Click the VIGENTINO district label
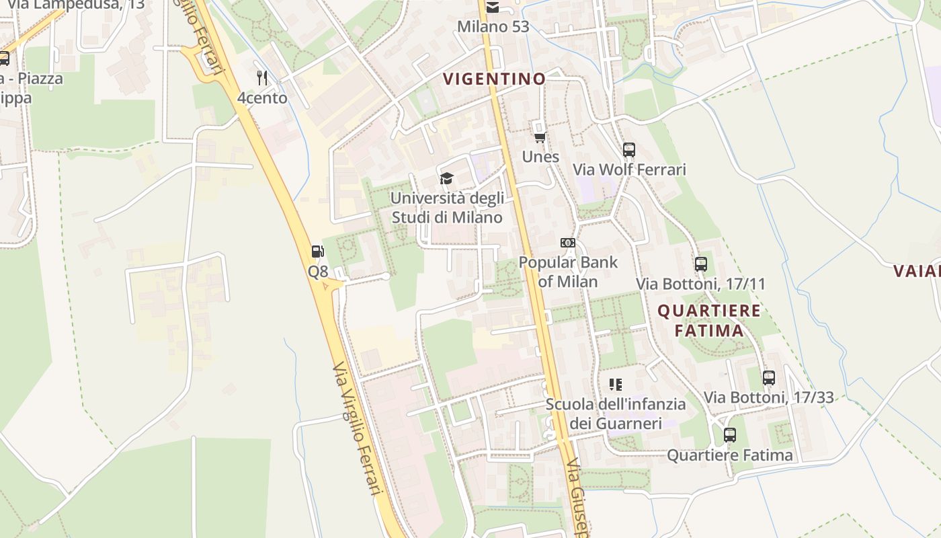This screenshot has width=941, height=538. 494,79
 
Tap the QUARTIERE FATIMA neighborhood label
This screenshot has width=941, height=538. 709,320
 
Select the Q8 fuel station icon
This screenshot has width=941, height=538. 318,252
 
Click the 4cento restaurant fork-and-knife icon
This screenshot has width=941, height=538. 262,78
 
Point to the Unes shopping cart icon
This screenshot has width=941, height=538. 539,137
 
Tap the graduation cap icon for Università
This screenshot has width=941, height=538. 446,178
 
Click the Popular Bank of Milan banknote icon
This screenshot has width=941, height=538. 568,243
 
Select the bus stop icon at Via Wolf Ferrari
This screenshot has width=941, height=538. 629,150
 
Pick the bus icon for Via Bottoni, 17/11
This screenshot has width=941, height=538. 701,264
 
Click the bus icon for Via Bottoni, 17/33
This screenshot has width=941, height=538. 769,378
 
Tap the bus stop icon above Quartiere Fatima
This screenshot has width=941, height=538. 730,435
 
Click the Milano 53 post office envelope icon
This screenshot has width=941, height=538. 493,7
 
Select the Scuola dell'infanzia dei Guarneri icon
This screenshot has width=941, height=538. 616,385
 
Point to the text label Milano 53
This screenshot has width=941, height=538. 493,27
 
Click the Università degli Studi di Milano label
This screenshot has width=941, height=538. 447,208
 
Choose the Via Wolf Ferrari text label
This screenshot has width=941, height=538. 629,169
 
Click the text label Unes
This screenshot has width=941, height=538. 540,157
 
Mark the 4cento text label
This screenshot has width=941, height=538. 262,98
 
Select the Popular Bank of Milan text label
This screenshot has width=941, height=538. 568,272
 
